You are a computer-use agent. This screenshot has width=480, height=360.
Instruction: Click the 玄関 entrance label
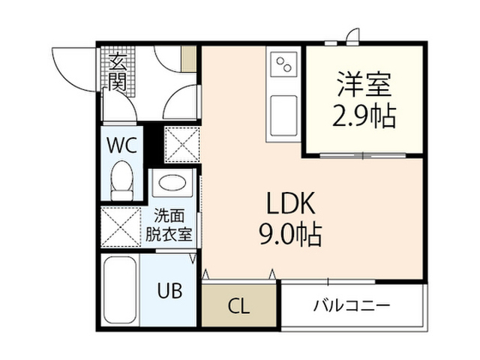[x=118, y=72]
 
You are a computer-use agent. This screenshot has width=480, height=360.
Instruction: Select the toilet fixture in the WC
[x=121, y=181]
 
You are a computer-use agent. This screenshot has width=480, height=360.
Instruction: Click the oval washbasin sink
[x=172, y=183]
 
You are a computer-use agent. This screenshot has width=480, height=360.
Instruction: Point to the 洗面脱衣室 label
[x=169, y=225]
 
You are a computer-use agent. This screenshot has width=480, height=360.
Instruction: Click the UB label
[x=170, y=290]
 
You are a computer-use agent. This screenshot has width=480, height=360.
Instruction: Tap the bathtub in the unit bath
[x=120, y=290]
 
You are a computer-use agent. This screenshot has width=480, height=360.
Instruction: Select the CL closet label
[x=239, y=306]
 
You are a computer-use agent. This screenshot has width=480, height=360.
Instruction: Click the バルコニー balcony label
[x=352, y=305]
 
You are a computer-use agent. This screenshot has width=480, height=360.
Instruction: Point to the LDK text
[x=291, y=203]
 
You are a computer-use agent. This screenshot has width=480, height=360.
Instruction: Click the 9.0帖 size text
[x=291, y=235]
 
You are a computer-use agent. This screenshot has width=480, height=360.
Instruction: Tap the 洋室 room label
[x=364, y=84]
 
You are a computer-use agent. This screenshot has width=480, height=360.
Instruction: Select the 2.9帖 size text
[x=364, y=116]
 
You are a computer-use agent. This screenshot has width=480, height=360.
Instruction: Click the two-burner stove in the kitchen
[x=283, y=64]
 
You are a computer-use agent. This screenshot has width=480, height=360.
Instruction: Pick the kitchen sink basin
[x=283, y=115]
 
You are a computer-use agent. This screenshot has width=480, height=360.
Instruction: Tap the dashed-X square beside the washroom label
[x=121, y=226]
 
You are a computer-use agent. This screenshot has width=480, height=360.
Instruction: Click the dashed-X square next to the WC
[x=182, y=145]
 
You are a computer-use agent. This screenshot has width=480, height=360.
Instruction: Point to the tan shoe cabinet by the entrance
[x=188, y=59]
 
